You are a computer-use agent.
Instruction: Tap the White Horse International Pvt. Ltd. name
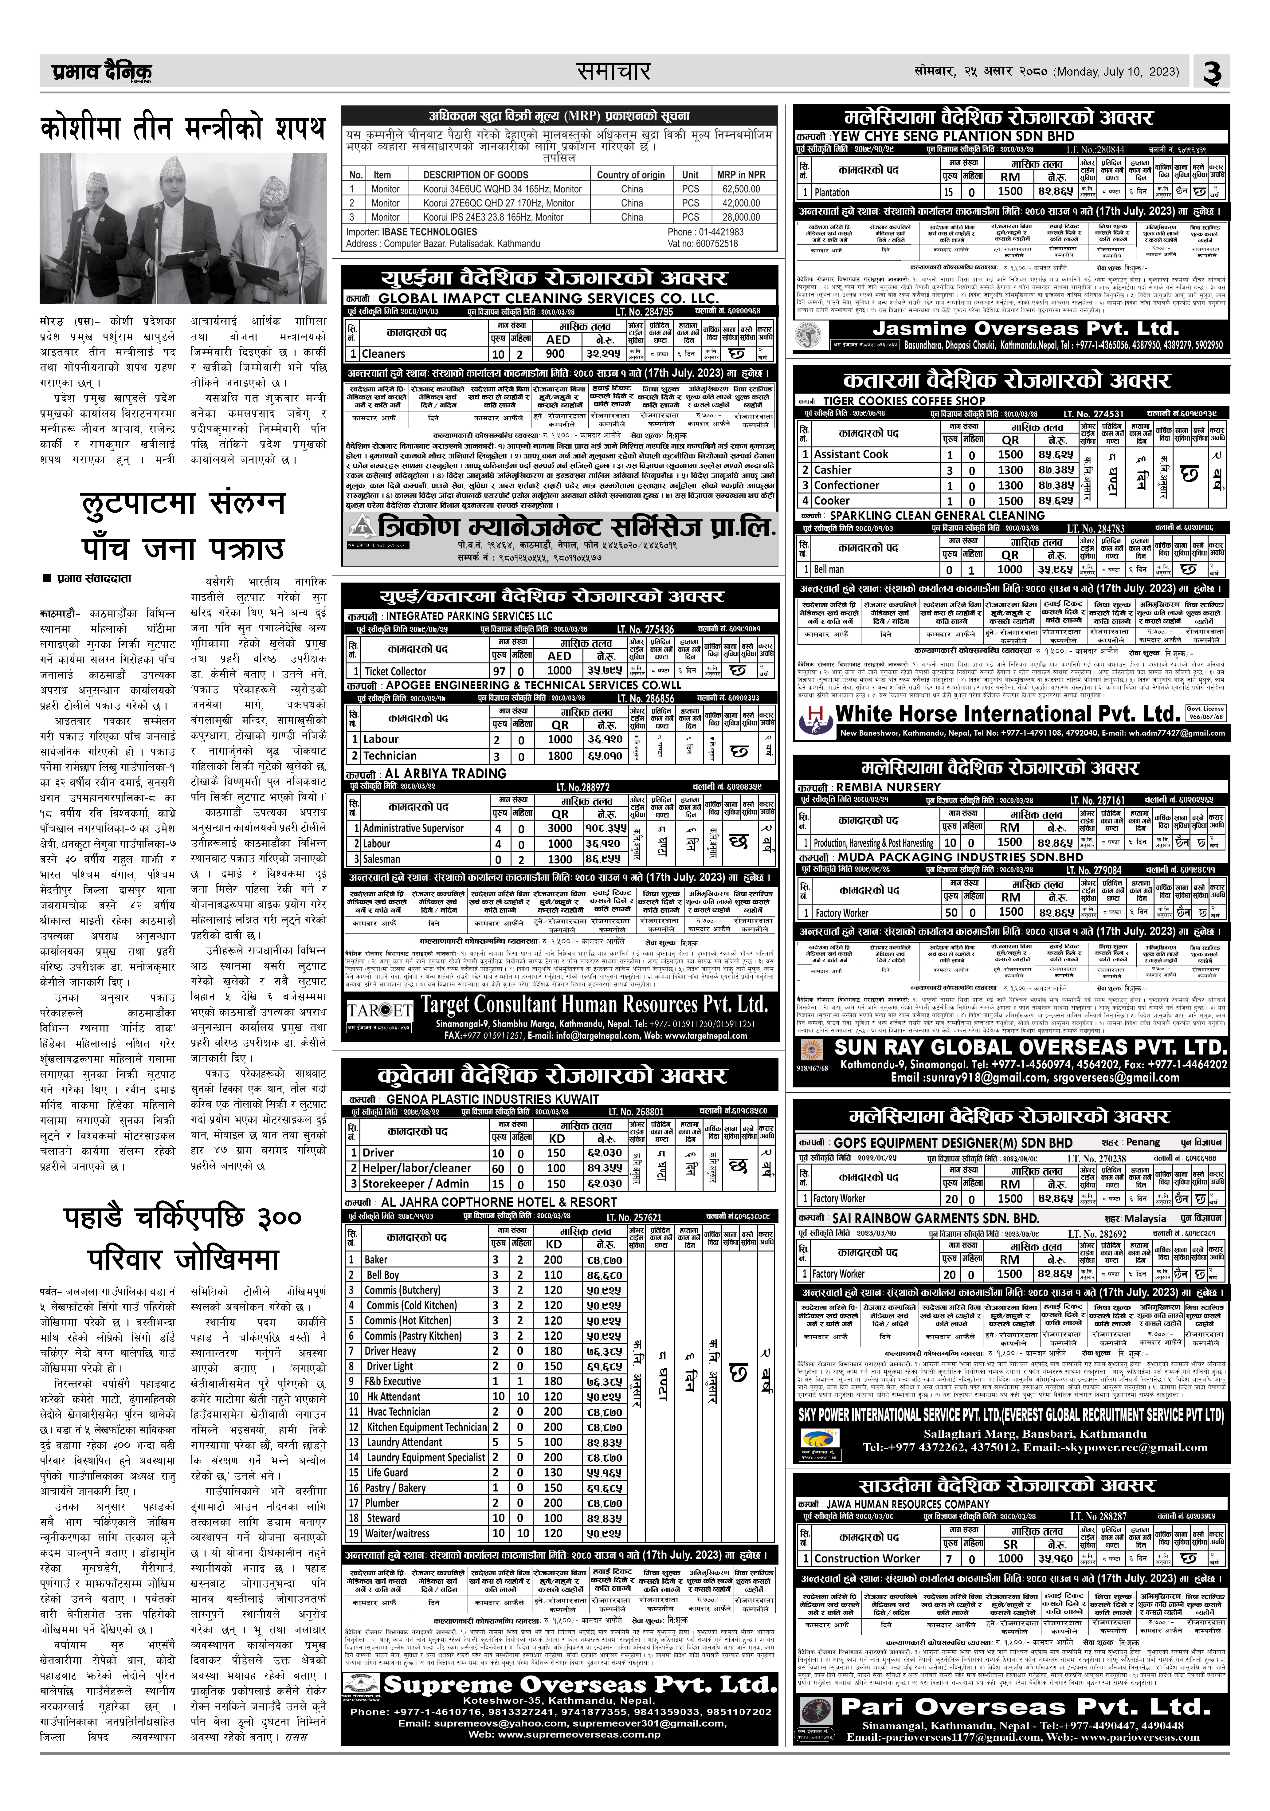coord(1006,714)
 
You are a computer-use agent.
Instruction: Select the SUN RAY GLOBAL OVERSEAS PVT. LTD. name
coord(1030,1047)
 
